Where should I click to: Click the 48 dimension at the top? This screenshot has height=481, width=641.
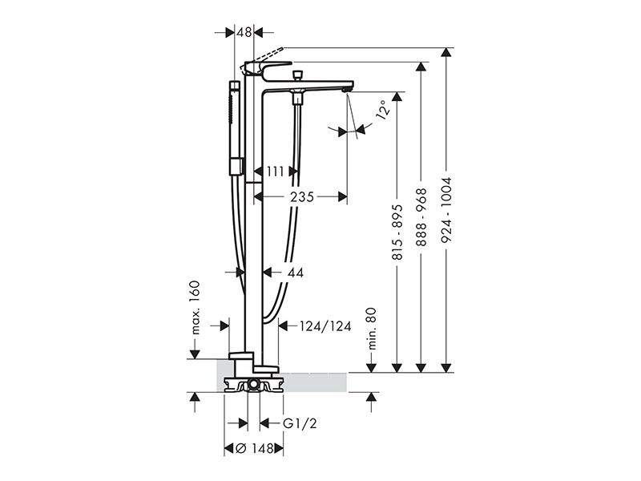tap(244, 32)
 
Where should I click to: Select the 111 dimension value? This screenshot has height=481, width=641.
tap(276, 172)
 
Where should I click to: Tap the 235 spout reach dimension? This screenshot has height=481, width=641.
tap(302, 197)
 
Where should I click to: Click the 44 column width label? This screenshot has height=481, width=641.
tap(295, 273)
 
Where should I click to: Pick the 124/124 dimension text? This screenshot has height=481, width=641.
tap(325, 326)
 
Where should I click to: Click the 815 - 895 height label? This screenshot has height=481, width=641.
tap(397, 232)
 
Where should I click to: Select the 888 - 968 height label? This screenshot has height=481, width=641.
tap(421, 217)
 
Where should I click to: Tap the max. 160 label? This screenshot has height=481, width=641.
tap(195, 308)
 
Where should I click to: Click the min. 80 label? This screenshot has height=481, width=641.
tap(371, 329)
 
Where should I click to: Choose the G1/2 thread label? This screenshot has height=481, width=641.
tap(300, 423)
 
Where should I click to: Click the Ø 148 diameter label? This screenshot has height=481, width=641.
tap(255, 449)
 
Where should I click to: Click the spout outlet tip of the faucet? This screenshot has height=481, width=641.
tap(348, 88)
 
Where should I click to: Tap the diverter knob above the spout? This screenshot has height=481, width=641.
tap(297, 75)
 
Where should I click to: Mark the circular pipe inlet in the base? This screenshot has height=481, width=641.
tap(253, 385)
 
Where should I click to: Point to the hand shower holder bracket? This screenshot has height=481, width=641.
tap(236, 167)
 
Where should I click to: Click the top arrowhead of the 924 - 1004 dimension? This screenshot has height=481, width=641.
tap(448, 52)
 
